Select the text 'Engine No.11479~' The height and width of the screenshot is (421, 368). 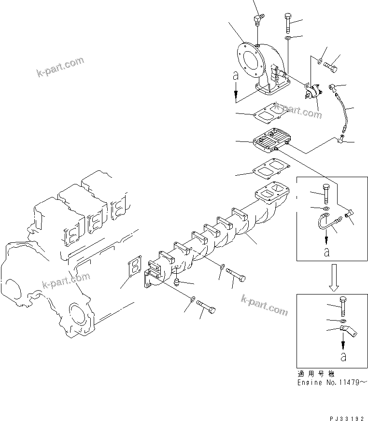[x=332, y=381]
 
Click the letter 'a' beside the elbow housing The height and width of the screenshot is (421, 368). [x=235, y=76]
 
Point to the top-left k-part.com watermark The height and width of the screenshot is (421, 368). [x=60, y=67]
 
